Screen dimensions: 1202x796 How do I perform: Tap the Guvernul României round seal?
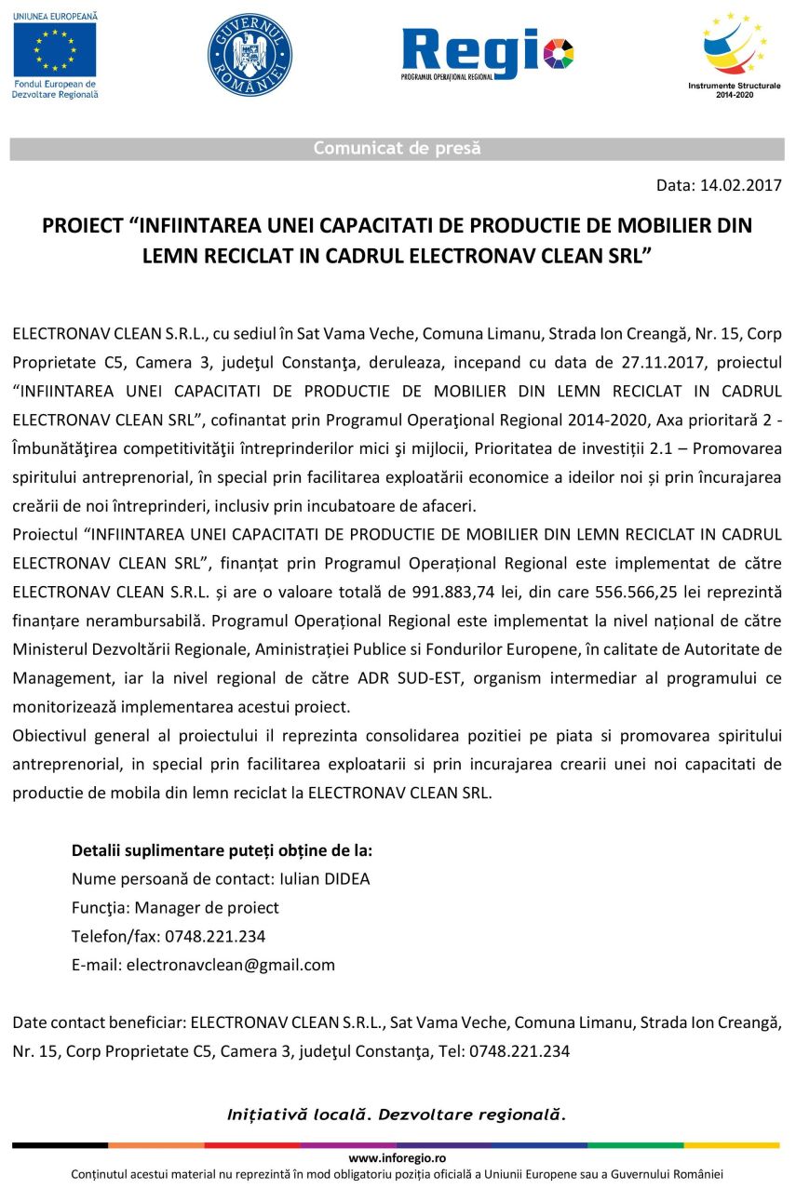[x=250, y=55]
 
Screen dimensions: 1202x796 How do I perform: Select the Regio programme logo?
[x=487, y=54]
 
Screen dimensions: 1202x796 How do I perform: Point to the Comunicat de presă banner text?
[x=397, y=149]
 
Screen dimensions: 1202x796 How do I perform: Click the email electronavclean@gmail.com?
[x=230, y=965]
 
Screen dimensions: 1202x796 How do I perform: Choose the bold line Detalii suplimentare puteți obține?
[x=222, y=850]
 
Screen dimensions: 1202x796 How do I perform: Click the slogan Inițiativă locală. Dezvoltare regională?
[x=397, y=1114]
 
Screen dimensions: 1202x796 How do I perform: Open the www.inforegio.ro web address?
[x=398, y=1158]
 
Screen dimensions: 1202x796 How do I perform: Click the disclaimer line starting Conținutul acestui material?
[x=398, y=1174]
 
